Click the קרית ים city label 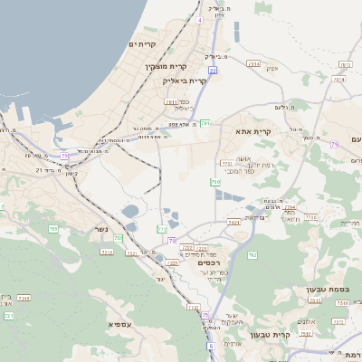[x=143, y=44]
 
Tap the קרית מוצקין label [x=166, y=66]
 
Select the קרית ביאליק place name [x=185, y=81]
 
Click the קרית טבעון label [x=292, y=335]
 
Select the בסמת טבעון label [x=321, y=290]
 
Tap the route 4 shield [x=199, y=18]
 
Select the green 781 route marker [x=205, y=122]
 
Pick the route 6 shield [x=210, y=346]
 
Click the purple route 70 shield [x=172, y=240]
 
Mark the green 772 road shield [x=162, y=229]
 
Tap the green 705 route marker [x=53, y=230]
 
